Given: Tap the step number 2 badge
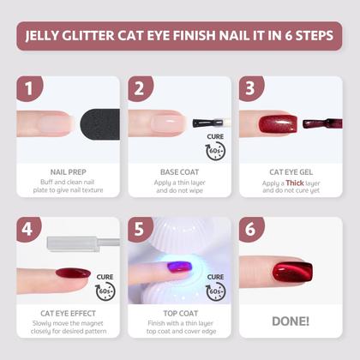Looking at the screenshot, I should (140, 88).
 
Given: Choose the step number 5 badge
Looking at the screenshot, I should (140, 230).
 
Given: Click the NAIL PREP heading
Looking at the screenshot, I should (67, 171).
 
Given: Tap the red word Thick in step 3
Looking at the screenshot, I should (296, 183).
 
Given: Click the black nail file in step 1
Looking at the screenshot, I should (97, 122).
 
